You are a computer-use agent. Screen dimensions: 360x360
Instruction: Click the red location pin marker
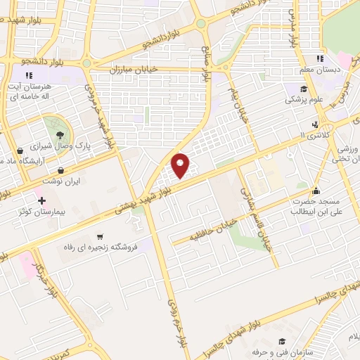181,165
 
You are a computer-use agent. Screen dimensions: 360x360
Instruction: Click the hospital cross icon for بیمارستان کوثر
42,201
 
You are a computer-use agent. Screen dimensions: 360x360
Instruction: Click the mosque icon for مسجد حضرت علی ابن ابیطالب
316,191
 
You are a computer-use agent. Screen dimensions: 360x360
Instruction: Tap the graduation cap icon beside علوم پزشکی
303,89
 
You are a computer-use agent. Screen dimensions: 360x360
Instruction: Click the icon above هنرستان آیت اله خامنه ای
29,75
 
